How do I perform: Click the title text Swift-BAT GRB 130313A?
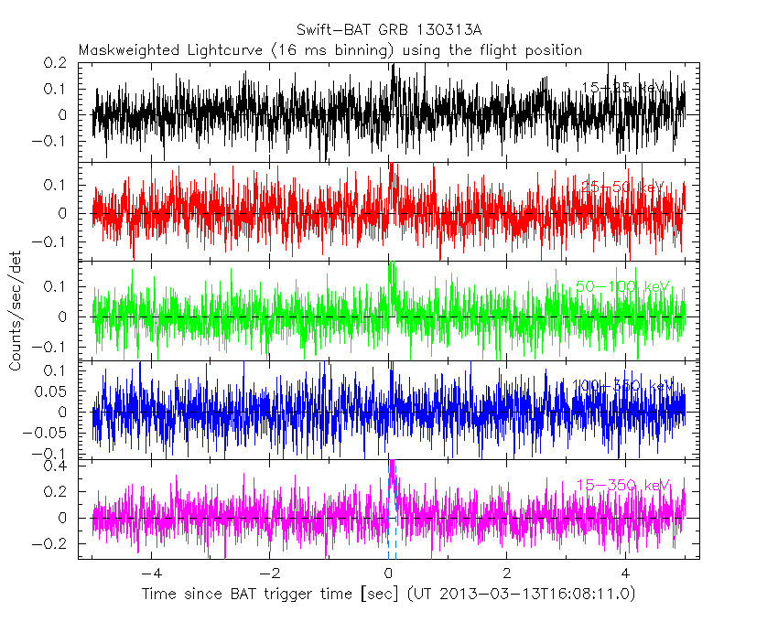[389, 30]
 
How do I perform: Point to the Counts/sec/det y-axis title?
[16, 313]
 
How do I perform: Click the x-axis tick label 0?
[389, 574]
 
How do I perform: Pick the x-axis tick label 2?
[507, 574]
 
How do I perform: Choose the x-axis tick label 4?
[625, 574]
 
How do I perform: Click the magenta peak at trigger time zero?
[392, 465]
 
